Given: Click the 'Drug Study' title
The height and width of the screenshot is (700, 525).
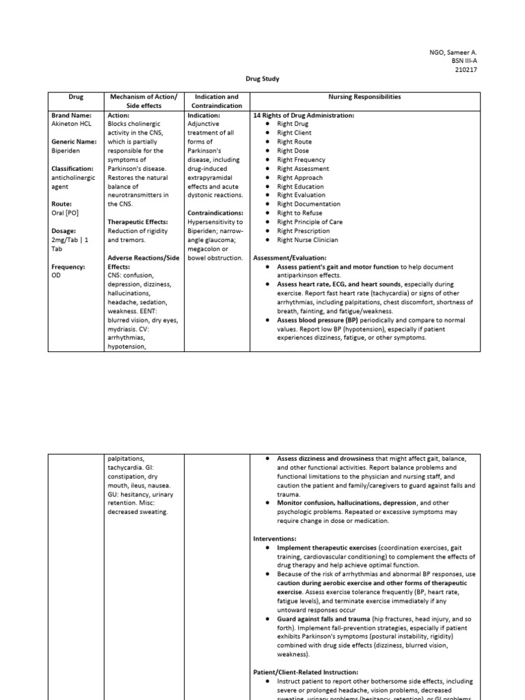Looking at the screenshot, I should click(262, 79).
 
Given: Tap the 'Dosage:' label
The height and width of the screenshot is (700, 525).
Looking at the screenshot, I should click(64, 231).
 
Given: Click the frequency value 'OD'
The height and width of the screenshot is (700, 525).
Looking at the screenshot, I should click(56, 275).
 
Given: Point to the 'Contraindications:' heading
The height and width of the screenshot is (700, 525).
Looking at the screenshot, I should click(215, 213).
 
